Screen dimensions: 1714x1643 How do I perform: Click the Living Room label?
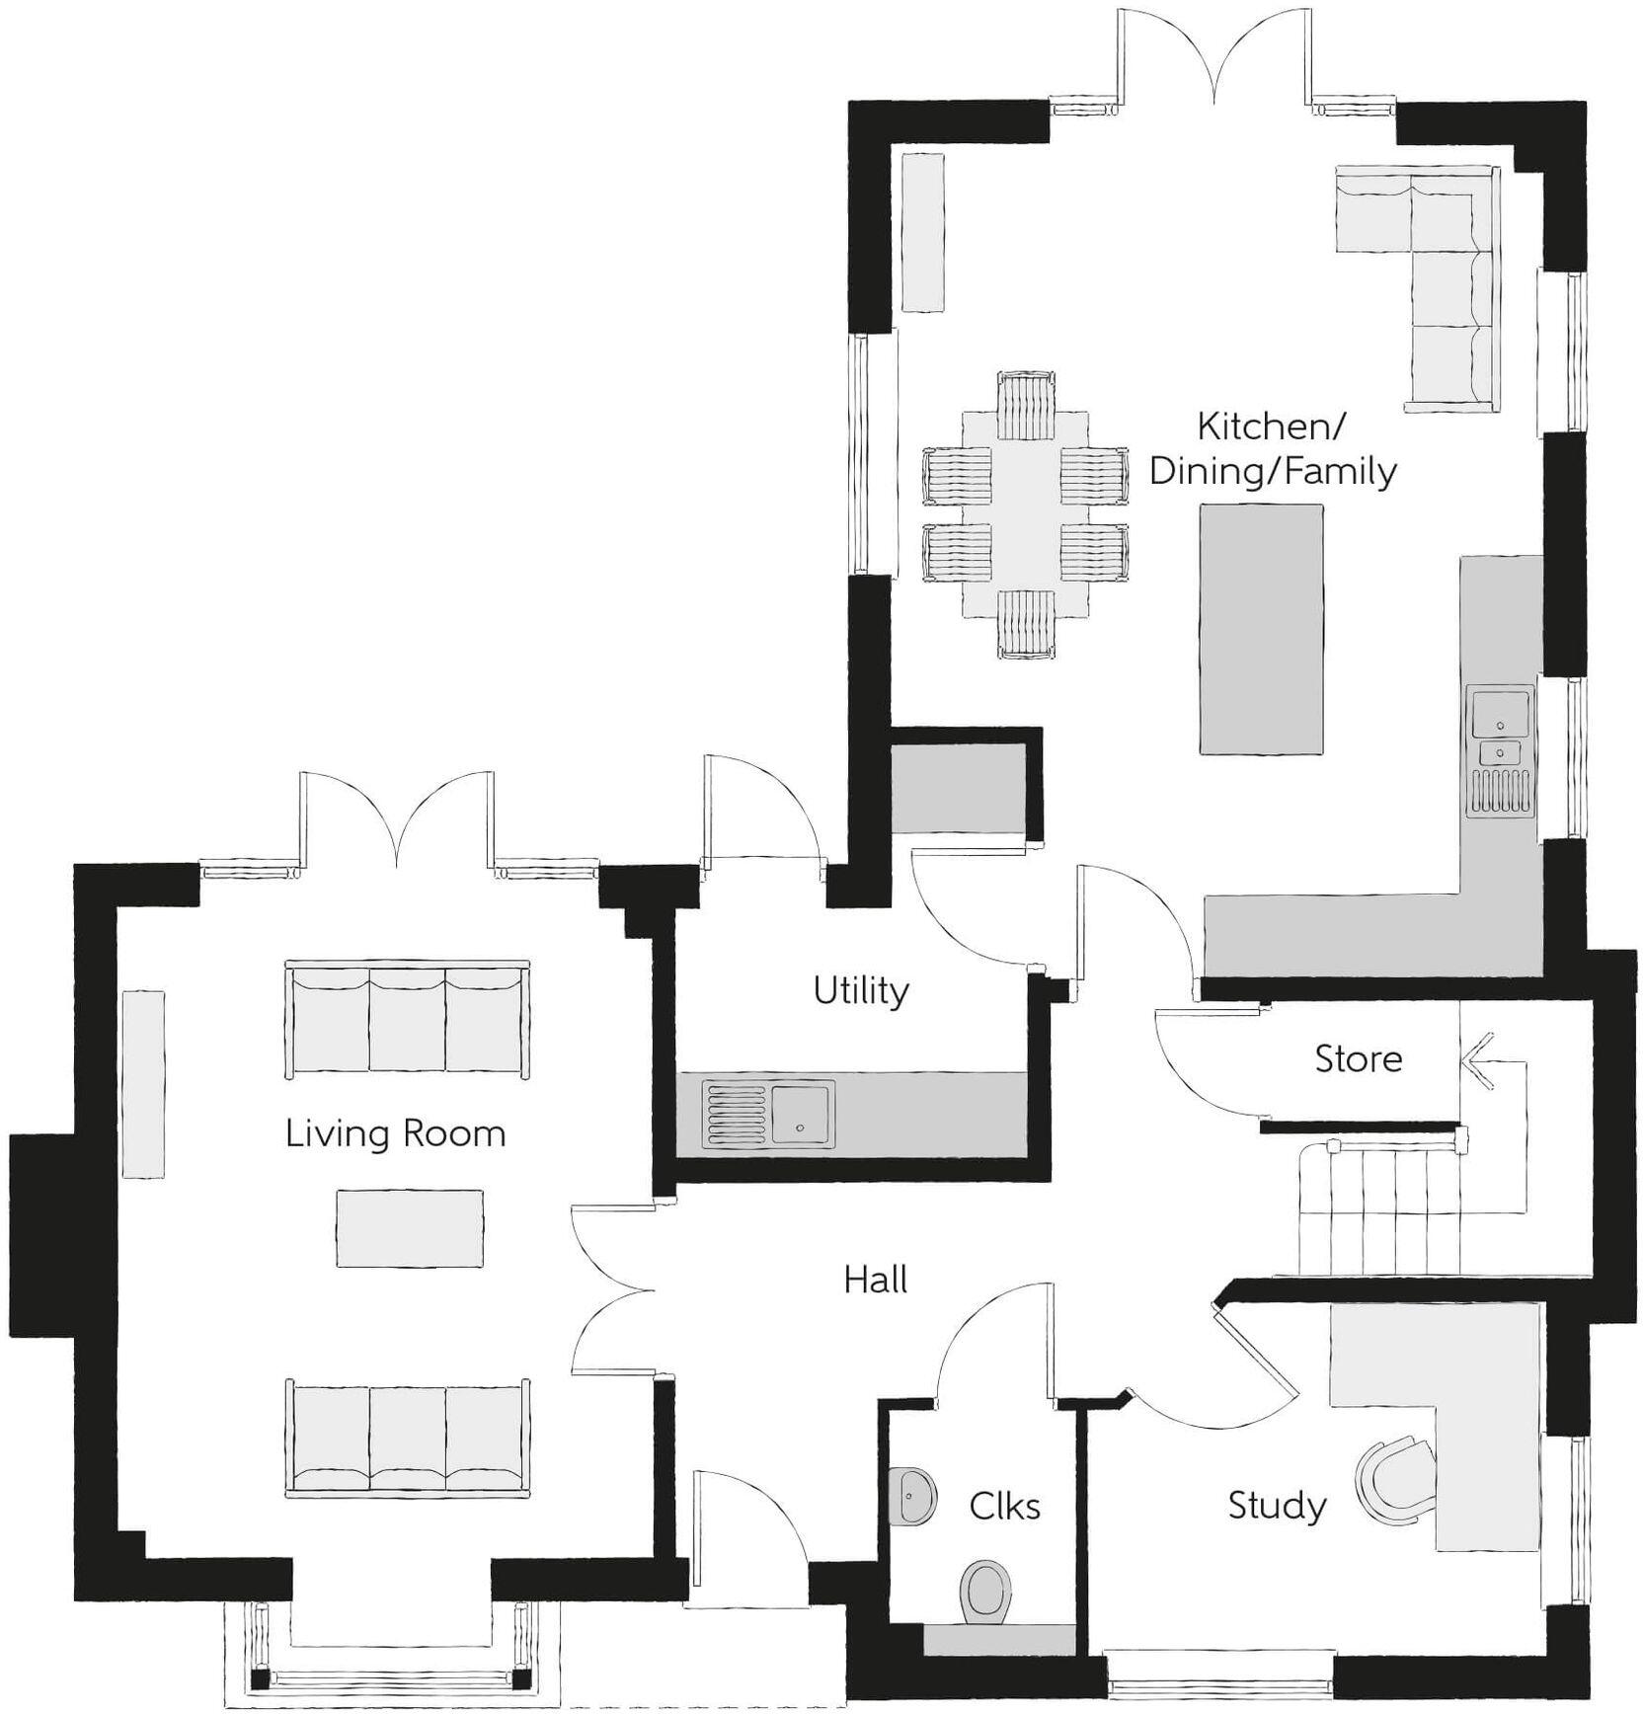pyautogui.click(x=395, y=1133)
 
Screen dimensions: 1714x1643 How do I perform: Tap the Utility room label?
pyautogui.click(x=861, y=990)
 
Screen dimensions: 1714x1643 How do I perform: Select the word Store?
pyautogui.click(x=1358, y=1058)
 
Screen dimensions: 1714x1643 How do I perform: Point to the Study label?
pyautogui.click(x=1277, y=1505)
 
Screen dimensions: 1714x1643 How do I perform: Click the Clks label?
pyautogui.click(x=1004, y=1506)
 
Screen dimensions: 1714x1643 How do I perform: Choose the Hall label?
pyautogui.click(x=876, y=1280)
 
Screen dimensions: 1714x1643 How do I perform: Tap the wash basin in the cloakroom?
pyautogui.click(x=913, y=1495)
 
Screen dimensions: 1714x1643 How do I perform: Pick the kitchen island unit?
pyautogui.click(x=1261, y=629)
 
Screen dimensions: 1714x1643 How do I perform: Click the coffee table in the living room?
pyautogui.click(x=409, y=1228)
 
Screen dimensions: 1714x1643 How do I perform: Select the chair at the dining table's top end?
pyautogui.click(x=1026, y=405)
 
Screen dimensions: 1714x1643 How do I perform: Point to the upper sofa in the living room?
pyautogui.click(x=407, y=1018)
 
